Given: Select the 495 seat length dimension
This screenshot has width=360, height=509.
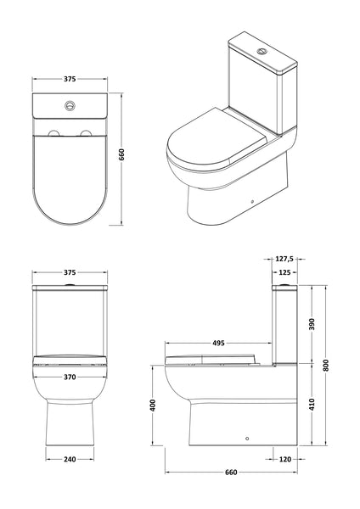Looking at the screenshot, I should (218, 344).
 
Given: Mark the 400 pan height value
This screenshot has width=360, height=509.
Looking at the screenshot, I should (153, 405).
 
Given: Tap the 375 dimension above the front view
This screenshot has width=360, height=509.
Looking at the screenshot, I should (70, 273).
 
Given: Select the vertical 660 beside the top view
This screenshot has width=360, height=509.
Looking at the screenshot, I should (125, 156).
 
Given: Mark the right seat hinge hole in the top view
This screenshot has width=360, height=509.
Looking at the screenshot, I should (89, 135).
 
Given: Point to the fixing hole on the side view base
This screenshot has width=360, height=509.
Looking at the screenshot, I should (246, 440).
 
